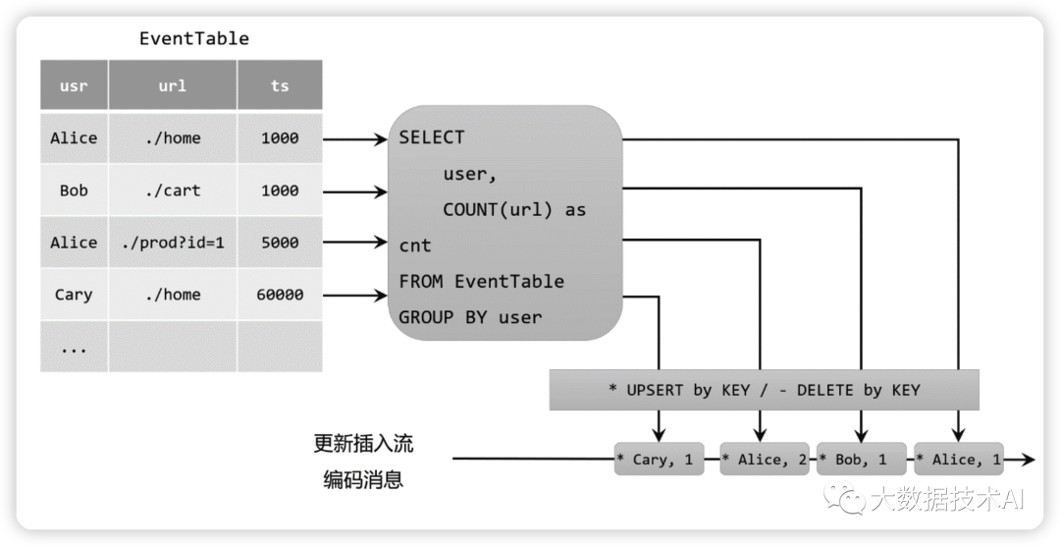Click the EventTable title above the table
tap(194, 39)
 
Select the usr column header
tap(74, 85)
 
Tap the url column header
tap(173, 85)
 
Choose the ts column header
tap(280, 85)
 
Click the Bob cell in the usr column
tap(74, 191)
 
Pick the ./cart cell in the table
tap(173, 191)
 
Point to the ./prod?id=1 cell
tap(173, 243)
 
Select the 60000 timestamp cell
tap(280, 295)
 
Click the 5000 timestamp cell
tap(280, 243)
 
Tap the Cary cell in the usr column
tap(74, 295)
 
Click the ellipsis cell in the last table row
tap(74, 348)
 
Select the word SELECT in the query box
tap(432, 137)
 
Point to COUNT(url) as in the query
tap(514, 209)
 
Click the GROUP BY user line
tap(470, 317)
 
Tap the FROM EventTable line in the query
tap(481, 282)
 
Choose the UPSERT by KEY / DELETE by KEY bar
tap(764, 390)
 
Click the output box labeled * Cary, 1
tap(659, 459)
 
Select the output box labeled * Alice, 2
tap(764, 459)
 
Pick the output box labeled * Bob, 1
tap(861, 459)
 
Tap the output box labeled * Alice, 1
tap(958, 459)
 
